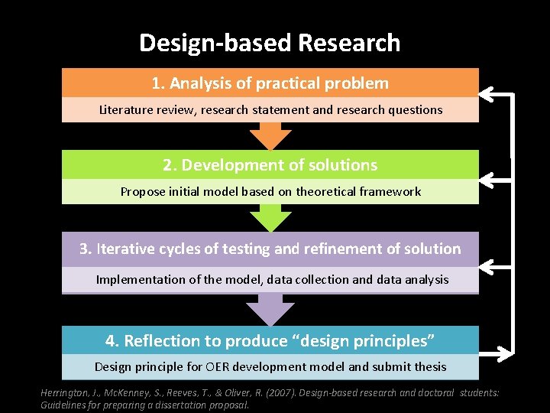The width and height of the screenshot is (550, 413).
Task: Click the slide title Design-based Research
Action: [270, 43]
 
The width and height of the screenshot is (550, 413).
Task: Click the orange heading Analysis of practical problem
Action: [270, 83]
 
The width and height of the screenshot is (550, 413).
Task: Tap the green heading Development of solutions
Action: [270, 165]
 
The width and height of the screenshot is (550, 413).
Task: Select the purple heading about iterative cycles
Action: [270, 249]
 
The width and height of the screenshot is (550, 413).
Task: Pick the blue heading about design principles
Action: [270, 340]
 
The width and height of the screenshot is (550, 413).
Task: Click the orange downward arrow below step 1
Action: [270, 136]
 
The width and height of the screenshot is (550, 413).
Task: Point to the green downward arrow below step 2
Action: [270, 218]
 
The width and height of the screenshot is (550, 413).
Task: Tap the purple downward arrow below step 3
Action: [270, 310]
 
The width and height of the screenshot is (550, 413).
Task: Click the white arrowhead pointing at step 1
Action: [489, 95]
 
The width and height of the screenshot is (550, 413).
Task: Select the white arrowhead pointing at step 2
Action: [489, 179]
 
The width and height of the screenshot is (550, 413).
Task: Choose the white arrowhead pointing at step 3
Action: [489, 265]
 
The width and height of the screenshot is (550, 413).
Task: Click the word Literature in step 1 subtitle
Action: [125, 109]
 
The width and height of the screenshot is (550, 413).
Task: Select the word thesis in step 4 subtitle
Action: [430, 367]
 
